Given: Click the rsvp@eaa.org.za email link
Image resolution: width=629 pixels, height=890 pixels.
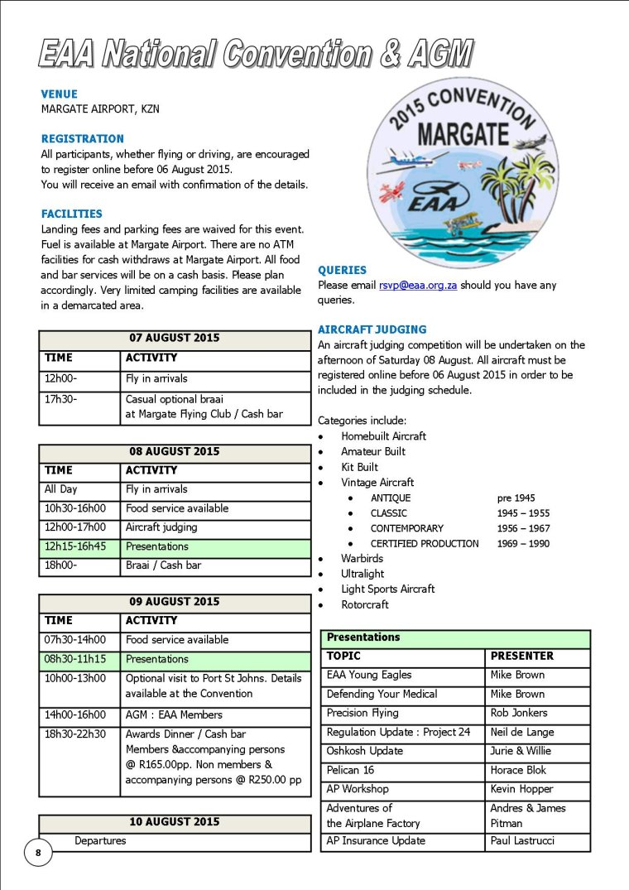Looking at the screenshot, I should (x=418, y=285).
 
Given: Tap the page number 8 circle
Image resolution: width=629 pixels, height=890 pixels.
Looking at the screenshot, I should (x=38, y=852).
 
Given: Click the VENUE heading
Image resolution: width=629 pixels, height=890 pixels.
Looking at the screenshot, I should (x=59, y=94).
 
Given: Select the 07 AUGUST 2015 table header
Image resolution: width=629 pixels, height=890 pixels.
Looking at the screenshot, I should (x=174, y=338).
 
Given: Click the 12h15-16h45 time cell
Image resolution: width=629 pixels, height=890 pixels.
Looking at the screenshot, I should (x=79, y=546).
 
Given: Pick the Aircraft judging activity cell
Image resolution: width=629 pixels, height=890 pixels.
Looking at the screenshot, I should (x=161, y=527).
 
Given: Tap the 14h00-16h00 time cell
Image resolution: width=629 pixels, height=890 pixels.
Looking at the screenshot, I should (x=79, y=714).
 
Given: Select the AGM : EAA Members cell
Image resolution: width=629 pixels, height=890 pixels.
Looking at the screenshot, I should (x=174, y=714).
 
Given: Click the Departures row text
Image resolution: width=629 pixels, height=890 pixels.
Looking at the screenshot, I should (x=100, y=840).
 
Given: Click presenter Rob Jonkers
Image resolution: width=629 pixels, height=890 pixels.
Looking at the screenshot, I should (x=519, y=713).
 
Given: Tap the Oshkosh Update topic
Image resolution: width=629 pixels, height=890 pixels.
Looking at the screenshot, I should (x=364, y=751).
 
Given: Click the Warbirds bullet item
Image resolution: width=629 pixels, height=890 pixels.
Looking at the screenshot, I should (x=362, y=559).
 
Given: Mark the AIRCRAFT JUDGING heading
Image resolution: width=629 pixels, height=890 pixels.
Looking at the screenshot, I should (x=372, y=329).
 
